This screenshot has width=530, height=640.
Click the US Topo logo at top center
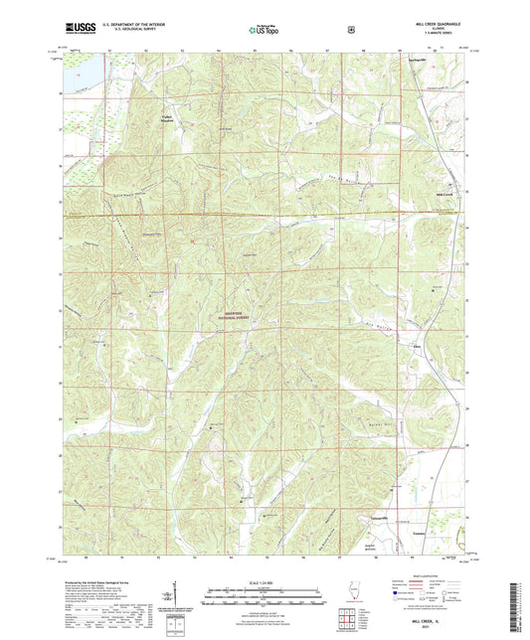(x=264, y=31)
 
